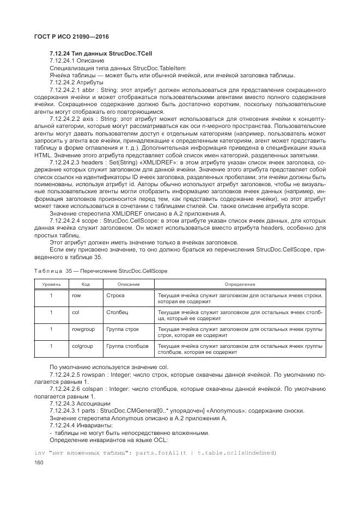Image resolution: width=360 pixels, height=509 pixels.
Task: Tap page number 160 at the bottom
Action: [39, 463]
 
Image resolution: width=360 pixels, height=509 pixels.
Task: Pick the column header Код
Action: [86, 284]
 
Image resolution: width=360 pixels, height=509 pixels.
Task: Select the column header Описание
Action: [129, 284]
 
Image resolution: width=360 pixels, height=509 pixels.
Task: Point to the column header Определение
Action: [240, 284]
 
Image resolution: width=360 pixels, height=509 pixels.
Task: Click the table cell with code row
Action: [76, 296]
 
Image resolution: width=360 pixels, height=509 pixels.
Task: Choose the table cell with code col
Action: [76, 312]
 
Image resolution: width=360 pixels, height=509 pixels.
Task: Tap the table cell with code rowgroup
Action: [82, 329]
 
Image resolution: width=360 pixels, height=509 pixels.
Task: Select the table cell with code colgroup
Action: [82, 346]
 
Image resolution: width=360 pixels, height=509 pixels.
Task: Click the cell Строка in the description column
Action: [115, 296]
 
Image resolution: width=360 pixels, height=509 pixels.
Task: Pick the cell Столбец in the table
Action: [118, 312]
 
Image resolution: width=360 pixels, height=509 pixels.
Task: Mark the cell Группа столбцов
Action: [127, 346]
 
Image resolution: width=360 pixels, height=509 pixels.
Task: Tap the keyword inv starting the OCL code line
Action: [39, 452]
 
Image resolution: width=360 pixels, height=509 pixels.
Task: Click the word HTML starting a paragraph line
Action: [42, 155]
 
